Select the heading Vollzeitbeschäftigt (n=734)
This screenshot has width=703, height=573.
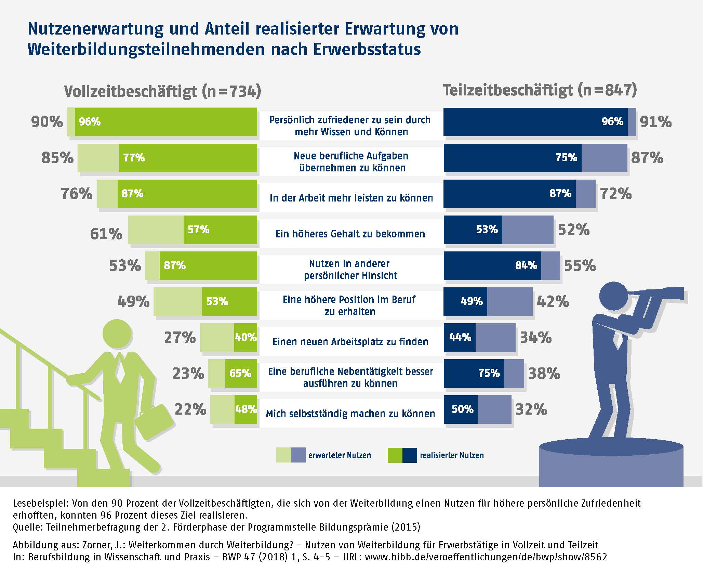tap(162, 91)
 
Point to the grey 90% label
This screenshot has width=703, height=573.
tap(47, 122)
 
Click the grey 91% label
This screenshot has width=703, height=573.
tap(655, 122)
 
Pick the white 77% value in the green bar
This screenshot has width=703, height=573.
tap(134, 158)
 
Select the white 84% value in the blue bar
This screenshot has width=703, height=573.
tap(526, 265)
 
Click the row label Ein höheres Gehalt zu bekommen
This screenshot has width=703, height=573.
tap(350, 234)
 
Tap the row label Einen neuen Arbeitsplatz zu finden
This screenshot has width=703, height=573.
tap(350, 342)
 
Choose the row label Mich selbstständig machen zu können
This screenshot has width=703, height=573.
tap(350, 414)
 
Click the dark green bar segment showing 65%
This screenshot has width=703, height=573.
tap(241, 373)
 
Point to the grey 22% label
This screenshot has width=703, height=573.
tap(190, 409)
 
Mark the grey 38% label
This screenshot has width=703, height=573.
tap(544, 373)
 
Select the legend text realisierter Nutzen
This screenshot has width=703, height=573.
tap(452, 455)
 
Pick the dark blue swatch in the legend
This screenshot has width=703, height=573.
tap(410, 455)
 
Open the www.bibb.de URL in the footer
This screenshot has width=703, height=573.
tap(486, 557)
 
